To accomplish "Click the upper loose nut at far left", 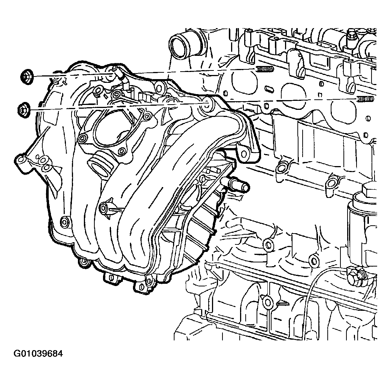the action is [27, 76].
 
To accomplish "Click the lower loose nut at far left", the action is [24, 110].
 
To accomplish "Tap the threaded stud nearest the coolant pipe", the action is [265, 69].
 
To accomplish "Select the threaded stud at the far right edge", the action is [366, 99].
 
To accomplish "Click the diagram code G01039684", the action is [38, 354].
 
